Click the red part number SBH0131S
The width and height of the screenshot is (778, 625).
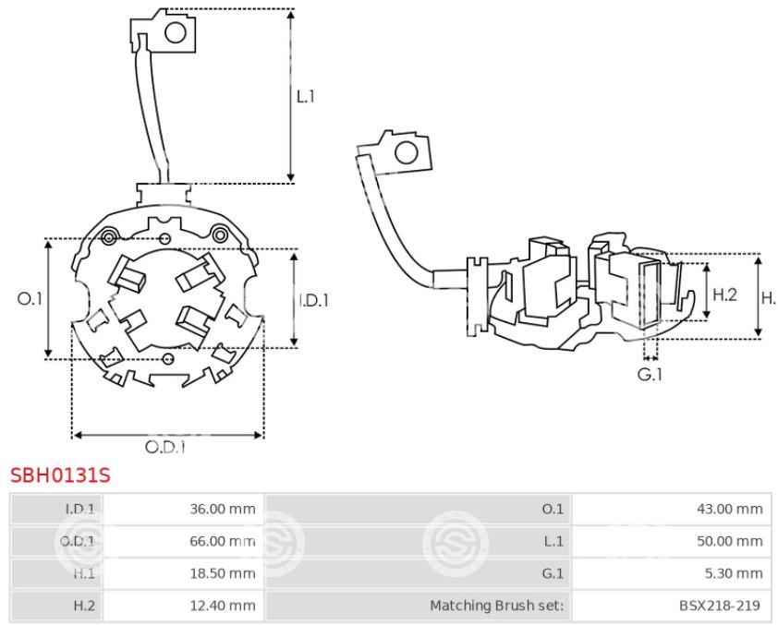pos(60,476)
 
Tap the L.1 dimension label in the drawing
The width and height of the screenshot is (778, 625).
pos(306,95)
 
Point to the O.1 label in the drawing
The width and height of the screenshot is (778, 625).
pos(30,298)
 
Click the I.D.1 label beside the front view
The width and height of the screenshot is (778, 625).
pos(314,300)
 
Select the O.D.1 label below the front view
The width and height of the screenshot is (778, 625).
pos(166,447)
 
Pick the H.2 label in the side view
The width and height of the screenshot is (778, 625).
pos(724,294)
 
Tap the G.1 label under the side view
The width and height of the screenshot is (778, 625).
pos(651,375)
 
